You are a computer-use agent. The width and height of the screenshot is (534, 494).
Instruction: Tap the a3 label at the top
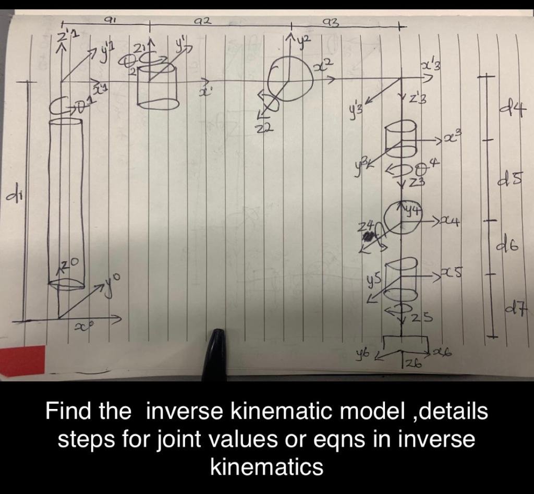point(332,20)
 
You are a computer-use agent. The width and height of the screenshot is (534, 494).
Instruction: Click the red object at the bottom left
point(22,360)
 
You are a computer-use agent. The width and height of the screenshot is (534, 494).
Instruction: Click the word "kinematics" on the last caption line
point(266,466)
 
